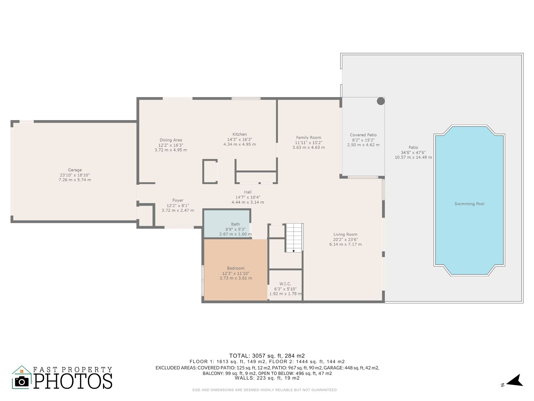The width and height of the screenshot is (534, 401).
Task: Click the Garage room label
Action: pos(75,170)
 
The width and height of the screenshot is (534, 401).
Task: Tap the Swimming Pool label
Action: pos(469,204)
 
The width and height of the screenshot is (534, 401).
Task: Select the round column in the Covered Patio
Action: pos(381,101)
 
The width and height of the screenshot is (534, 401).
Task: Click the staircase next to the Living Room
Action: pos(294,238)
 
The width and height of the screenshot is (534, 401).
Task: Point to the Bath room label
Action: pos(235,224)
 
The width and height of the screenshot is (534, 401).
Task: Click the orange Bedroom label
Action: pos(236,268)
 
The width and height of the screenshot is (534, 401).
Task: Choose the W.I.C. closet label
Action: pos(285,284)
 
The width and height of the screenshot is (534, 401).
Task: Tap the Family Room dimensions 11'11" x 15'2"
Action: pos(308,143)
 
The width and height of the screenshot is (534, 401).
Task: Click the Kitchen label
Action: pos(240,134)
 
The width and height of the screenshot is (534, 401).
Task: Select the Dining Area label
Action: pos(171,140)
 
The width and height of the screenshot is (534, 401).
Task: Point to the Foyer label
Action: pos(178,200)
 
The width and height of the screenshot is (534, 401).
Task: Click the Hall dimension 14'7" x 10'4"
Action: pos(248,197)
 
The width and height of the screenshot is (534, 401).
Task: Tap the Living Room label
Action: pos(345,234)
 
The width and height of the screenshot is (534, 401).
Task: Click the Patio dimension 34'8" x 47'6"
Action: pos(413,152)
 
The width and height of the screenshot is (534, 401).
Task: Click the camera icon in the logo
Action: pos(22,382)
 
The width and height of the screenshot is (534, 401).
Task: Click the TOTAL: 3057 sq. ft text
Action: pos(267,356)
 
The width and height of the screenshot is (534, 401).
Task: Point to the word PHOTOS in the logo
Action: pos(73,381)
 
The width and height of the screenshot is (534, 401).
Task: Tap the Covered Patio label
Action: pos(363,135)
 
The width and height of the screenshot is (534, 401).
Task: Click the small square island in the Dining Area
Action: pos(210,172)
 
